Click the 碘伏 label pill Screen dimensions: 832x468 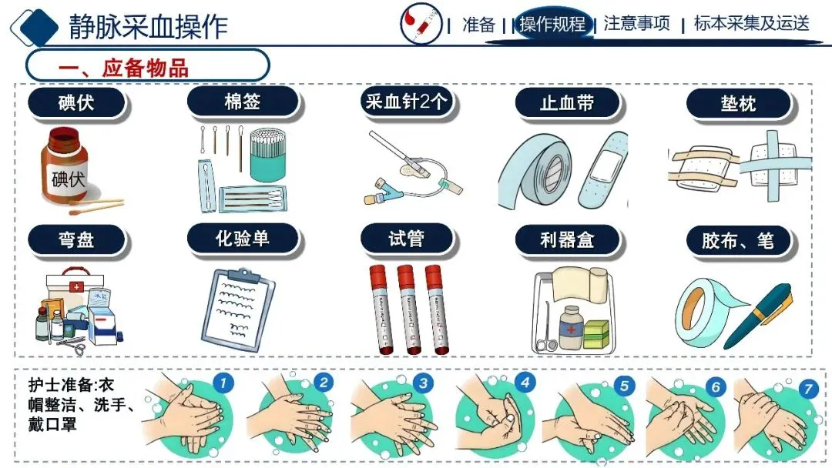(75, 102)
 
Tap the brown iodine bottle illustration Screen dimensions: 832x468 (65, 166)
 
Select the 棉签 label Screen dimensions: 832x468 (243, 102)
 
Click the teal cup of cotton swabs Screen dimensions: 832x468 (267, 154)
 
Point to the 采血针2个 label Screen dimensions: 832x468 (407, 102)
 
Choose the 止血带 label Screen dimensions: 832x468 (567, 102)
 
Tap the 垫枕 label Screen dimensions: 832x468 (738, 103)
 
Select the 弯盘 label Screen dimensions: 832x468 (75, 239)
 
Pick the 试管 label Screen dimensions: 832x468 (407, 239)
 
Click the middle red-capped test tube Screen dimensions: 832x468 (408, 309)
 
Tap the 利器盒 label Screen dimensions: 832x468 (567, 239)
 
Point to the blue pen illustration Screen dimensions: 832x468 (758, 316)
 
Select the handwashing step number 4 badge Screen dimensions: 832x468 (525, 382)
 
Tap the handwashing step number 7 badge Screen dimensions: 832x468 (808, 389)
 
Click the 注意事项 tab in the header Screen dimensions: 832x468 (637, 23)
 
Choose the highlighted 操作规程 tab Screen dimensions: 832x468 (552, 24)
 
